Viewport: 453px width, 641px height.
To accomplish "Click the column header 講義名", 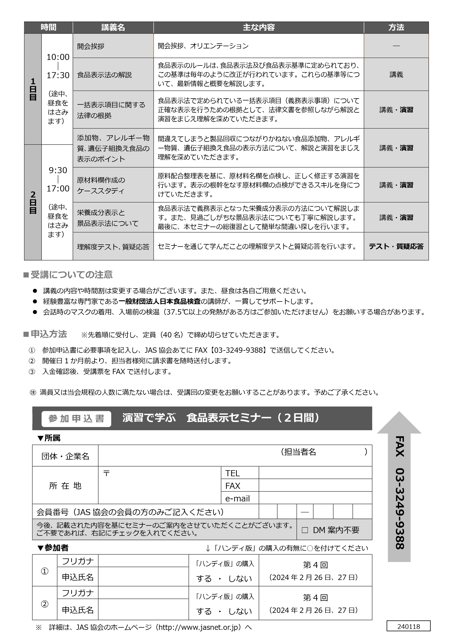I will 113,27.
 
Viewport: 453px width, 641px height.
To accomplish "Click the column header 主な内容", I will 259,27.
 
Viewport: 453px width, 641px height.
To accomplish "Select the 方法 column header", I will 396,27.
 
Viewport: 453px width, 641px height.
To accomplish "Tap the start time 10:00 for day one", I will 58,57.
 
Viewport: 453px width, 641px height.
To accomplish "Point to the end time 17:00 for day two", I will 58,189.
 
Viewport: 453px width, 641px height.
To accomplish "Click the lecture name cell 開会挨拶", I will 91,46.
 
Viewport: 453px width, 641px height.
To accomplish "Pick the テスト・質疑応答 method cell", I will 396,246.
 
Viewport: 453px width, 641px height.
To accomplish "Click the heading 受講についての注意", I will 71,275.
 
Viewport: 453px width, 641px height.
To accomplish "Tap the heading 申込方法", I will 49,334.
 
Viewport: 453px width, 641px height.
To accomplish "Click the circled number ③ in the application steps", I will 32,372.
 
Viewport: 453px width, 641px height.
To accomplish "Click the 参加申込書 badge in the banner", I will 76,419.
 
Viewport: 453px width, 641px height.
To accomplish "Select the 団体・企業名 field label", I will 65,457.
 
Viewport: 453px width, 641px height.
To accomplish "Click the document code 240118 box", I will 408,627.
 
